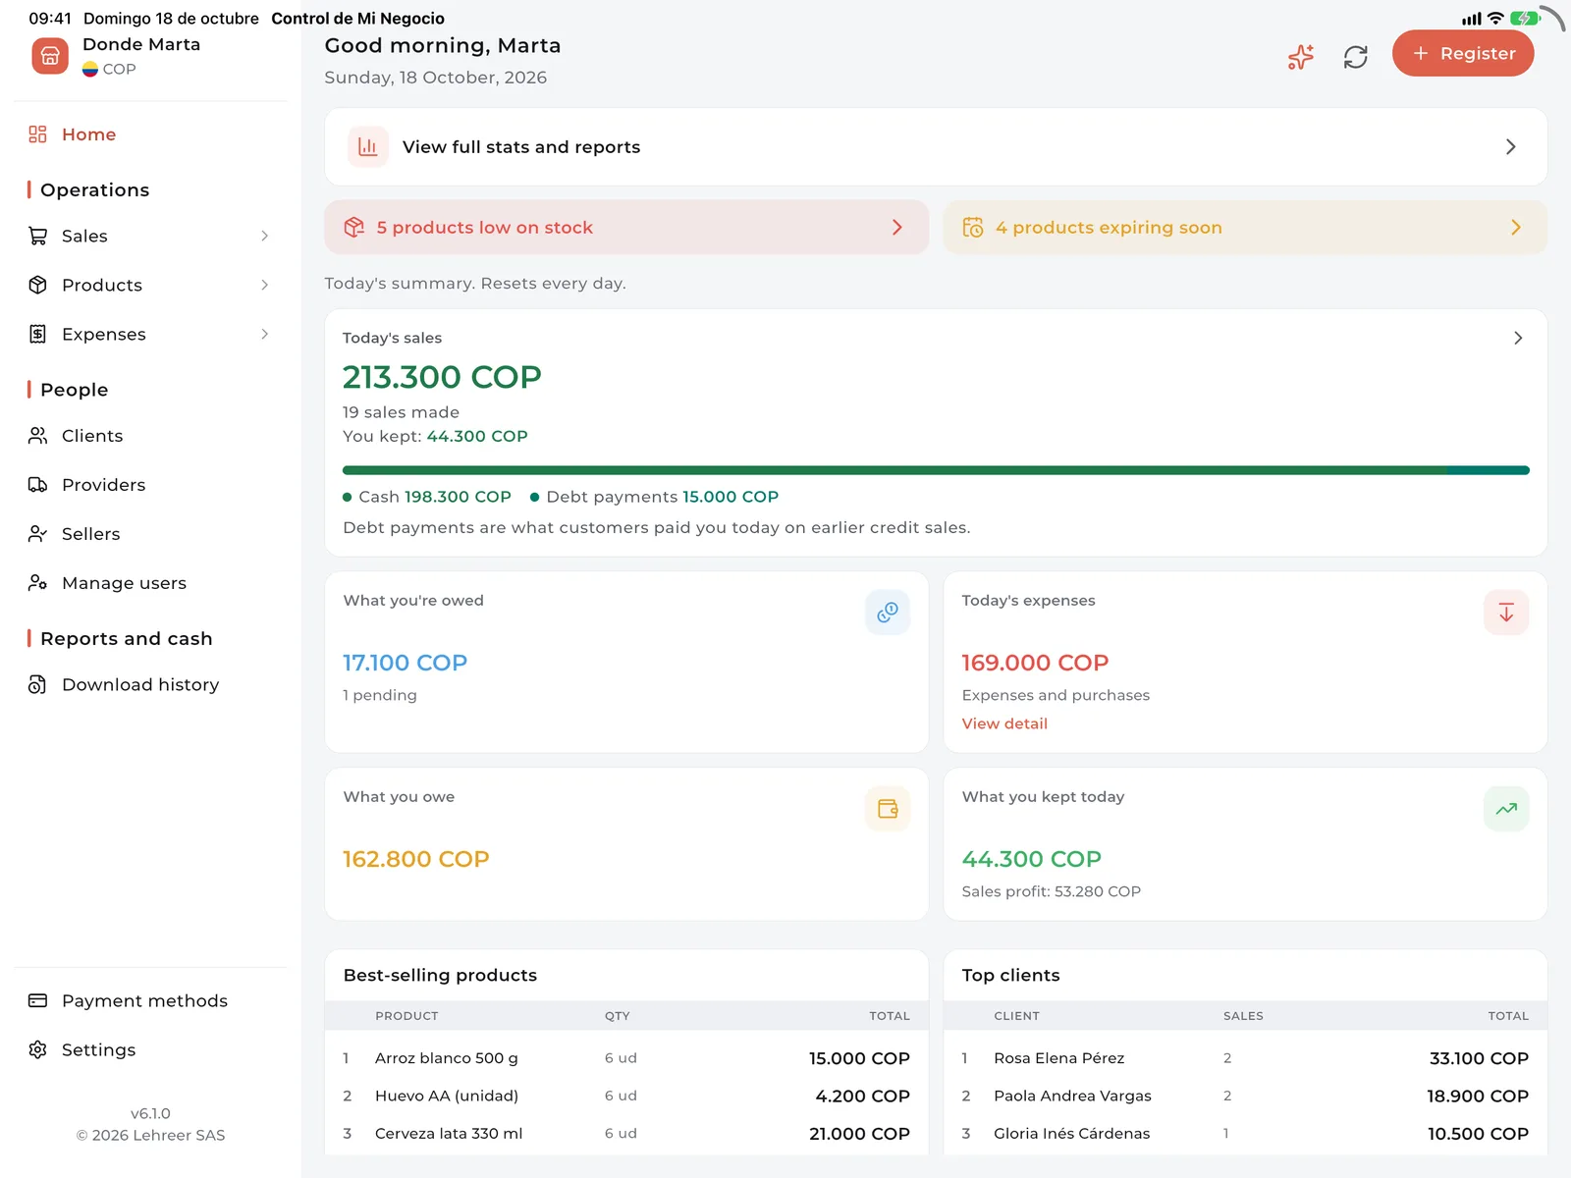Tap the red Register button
point(1462,53)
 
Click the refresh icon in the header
point(1355,57)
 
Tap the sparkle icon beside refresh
point(1300,57)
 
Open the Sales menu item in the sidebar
point(84,236)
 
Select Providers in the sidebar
point(103,485)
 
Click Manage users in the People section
point(124,583)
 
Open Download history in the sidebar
point(140,684)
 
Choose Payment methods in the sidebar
point(144,1000)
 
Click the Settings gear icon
point(37,1049)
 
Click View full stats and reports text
point(521,146)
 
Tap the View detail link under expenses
point(1004,723)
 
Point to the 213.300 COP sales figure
point(442,377)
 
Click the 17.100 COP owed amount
point(405,663)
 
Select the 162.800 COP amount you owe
point(416,858)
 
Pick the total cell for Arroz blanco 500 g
point(859,1058)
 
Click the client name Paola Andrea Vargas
point(1072,1096)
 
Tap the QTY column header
point(617,1016)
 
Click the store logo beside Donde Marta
point(50,56)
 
